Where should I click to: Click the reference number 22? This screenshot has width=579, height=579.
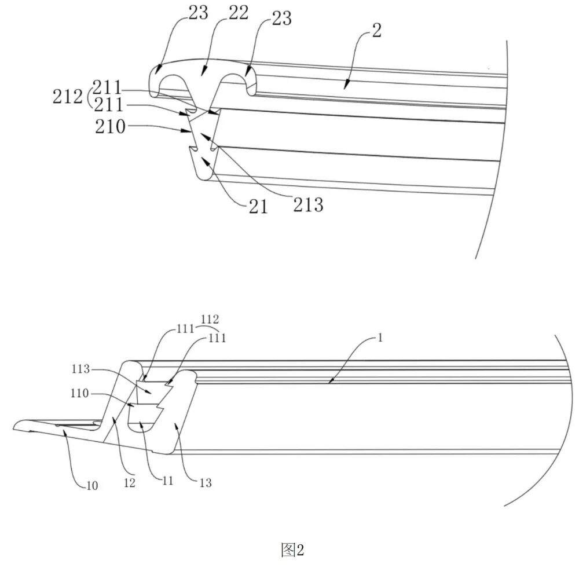coord(238,13)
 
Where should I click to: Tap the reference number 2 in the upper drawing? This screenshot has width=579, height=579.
coord(377,30)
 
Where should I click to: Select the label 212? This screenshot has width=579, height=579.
coord(67,97)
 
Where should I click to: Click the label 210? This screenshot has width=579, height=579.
coord(111,127)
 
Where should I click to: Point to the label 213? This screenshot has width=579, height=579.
coord(309,204)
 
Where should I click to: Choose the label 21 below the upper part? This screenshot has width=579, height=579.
coord(258,207)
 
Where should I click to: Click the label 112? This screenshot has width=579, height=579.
coord(210,319)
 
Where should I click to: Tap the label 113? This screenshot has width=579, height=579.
coord(81,368)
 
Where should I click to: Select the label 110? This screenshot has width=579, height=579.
coord(80,393)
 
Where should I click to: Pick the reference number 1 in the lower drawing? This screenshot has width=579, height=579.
coord(380,338)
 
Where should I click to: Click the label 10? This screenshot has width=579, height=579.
coord(92,486)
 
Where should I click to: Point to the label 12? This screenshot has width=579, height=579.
coord(130,483)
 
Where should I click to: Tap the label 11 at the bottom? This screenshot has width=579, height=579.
coord(168,481)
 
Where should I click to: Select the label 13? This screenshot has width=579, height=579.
coord(206,483)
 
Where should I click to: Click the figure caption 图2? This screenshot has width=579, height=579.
coord(292,550)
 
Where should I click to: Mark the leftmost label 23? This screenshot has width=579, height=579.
coord(198,13)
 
